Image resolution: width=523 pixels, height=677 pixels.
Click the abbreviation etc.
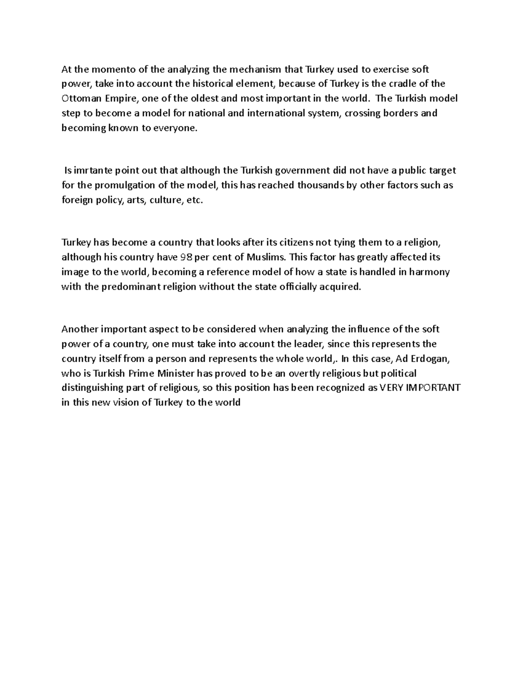point(194,201)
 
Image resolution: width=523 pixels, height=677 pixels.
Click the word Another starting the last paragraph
point(80,329)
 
